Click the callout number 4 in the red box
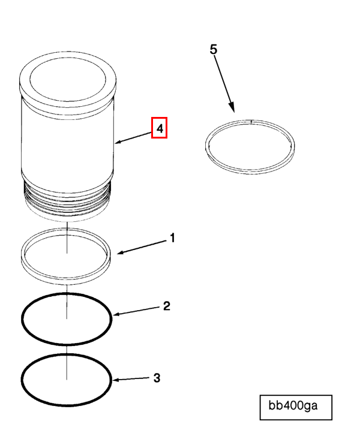click(159, 128)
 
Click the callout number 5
click(214, 49)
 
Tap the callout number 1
click(172, 239)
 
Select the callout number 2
click(167, 306)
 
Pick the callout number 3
click(157, 378)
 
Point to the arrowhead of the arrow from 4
click(117, 143)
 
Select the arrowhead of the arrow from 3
click(115, 380)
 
